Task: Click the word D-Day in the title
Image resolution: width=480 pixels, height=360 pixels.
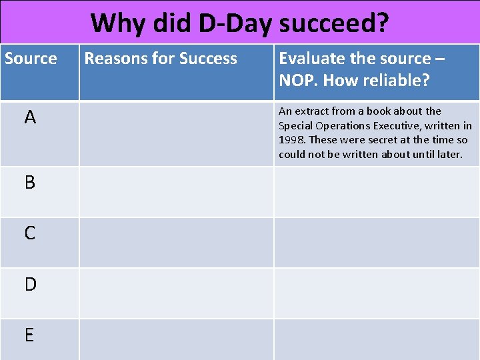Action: (235, 23)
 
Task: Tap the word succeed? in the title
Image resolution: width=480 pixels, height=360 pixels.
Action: (334, 23)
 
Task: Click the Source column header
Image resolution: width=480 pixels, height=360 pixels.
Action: (31, 59)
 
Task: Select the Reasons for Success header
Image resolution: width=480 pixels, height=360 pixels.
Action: (161, 59)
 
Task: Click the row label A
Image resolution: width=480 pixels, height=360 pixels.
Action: (30, 118)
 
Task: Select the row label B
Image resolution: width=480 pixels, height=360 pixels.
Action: (30, 182)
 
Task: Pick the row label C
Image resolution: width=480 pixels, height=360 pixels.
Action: (30, 233)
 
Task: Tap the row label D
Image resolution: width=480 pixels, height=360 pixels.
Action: (30, 284)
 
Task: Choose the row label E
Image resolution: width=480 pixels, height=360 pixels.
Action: (29, 335)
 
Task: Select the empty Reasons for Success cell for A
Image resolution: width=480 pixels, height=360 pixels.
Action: (176, 133)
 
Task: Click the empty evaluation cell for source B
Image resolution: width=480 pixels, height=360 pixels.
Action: (376, 192)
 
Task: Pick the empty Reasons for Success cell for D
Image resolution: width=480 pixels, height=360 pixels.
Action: (176, 293)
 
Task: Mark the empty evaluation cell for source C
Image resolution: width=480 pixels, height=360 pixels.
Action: (376, 243)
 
